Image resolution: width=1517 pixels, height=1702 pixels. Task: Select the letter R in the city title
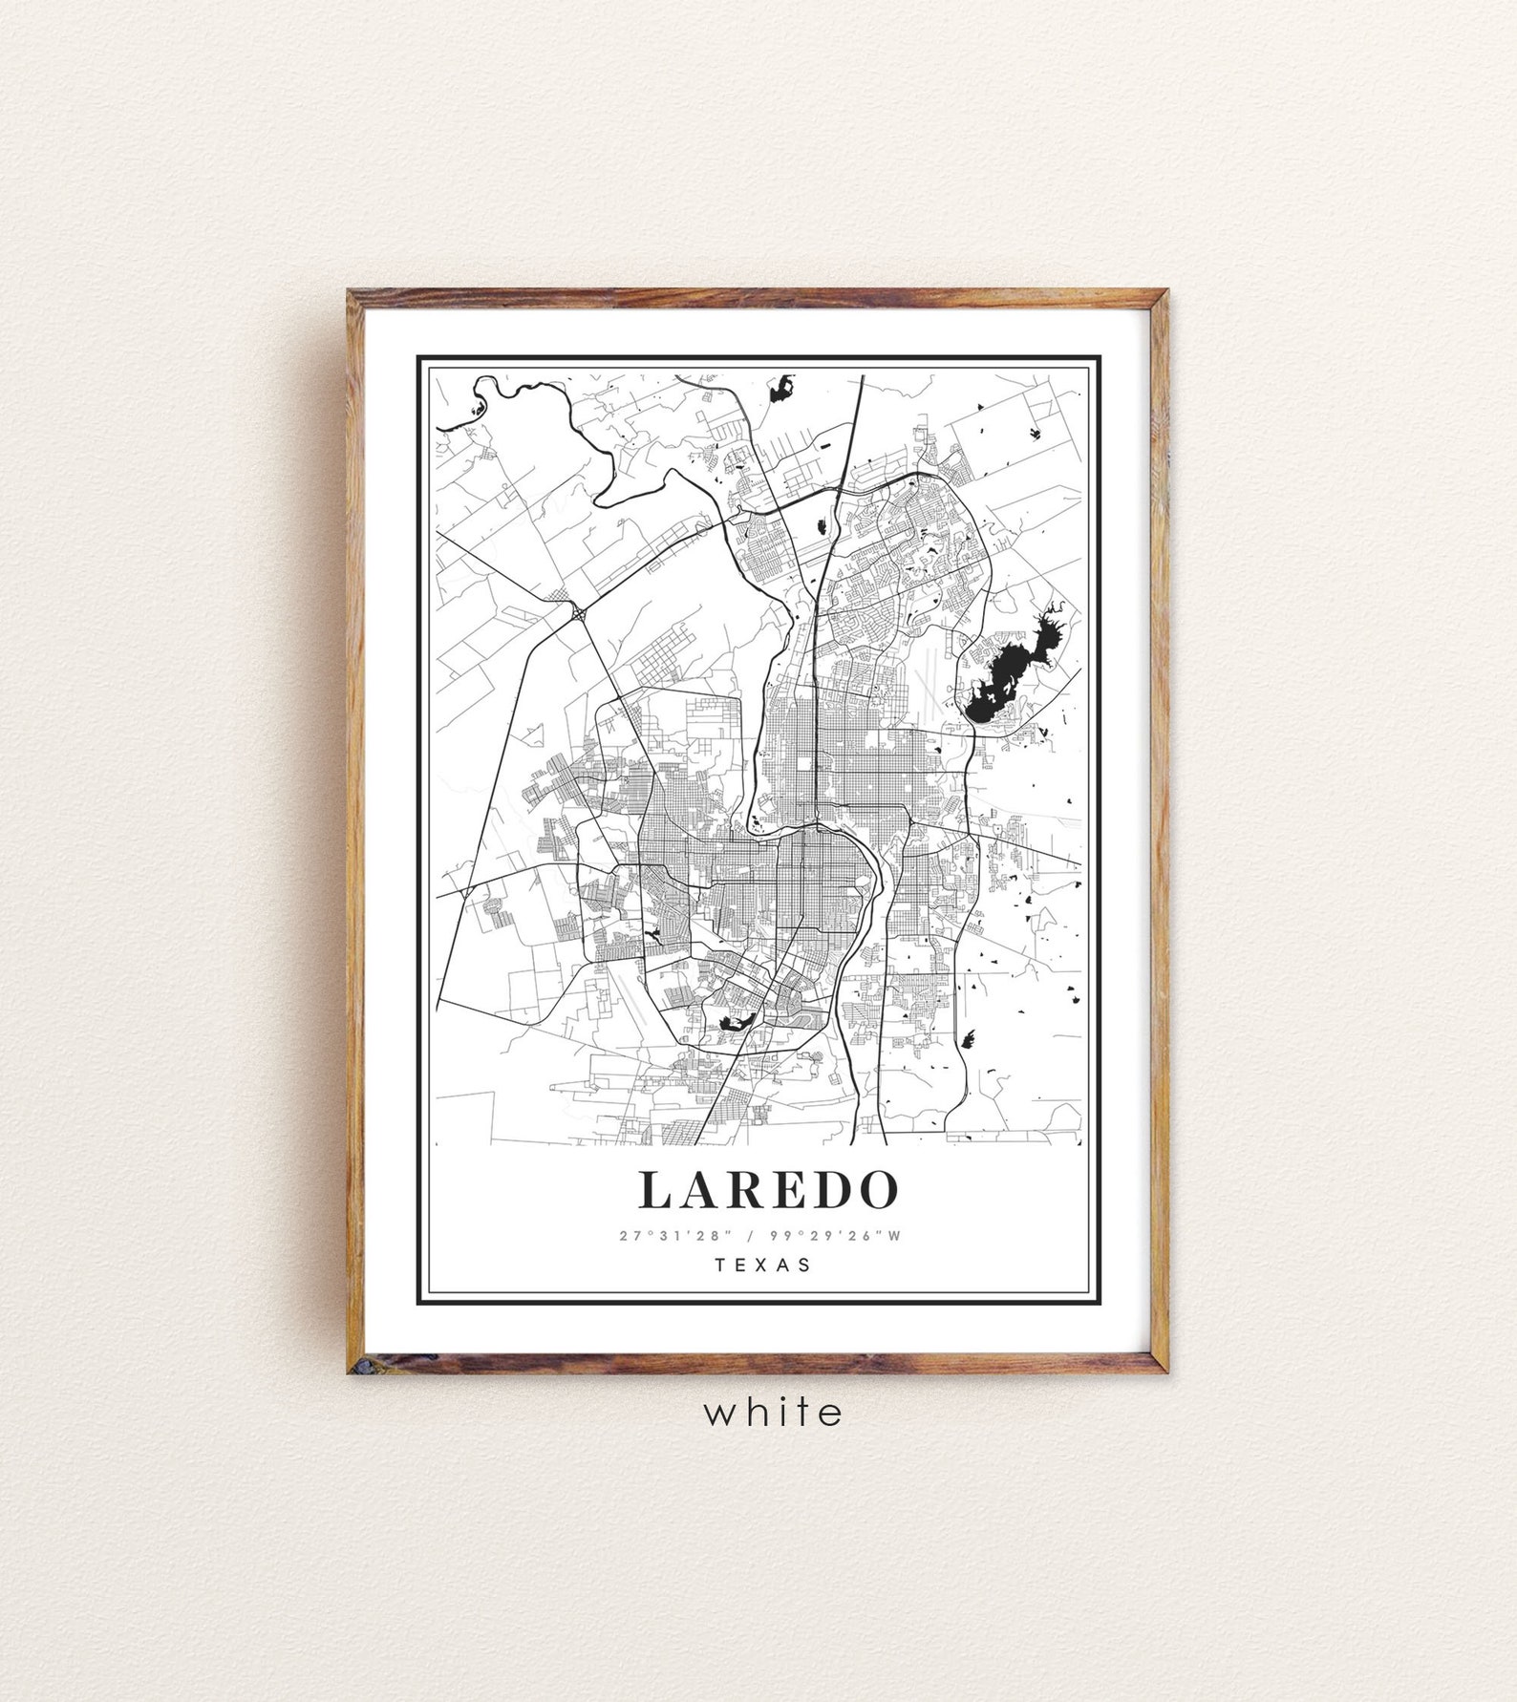coord(742,1188)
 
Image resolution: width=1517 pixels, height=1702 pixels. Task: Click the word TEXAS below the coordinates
coord(762,1265)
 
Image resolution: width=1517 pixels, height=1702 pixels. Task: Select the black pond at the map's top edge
coord(782,386)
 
